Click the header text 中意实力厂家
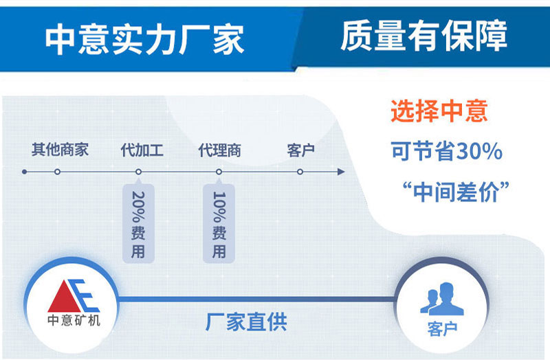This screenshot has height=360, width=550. click(x=144, y=40)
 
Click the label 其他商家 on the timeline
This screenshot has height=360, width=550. click(x=60, y=149)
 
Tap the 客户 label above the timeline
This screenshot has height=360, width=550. click(x=300, y=149)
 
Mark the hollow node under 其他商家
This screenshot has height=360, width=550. click(x=58, y=172)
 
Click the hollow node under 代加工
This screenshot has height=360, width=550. click(x=138, y=172)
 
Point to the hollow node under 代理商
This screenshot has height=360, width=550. click(x=219, y=172)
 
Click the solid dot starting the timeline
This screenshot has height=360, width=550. click(x=25, y=172)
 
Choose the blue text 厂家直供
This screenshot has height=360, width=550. click(x=246, y=322)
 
